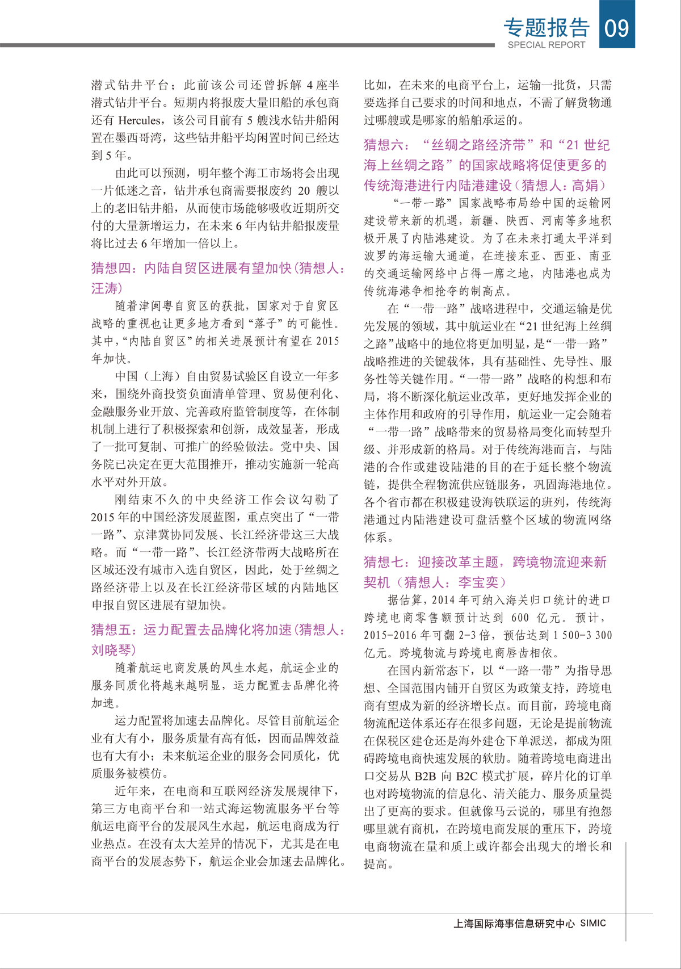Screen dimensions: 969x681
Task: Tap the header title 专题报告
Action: point(547,27)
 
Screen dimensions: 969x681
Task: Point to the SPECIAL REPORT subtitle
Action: point(546,45)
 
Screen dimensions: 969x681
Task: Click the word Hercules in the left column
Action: point(139,120)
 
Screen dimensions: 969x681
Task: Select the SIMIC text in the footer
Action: point(593,923)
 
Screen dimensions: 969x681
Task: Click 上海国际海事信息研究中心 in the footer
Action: point(514,924)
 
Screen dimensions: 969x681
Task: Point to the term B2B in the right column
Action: point(426,776)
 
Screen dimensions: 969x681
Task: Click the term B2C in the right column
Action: point(468,776)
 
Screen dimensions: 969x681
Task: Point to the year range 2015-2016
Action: point(389,635)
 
